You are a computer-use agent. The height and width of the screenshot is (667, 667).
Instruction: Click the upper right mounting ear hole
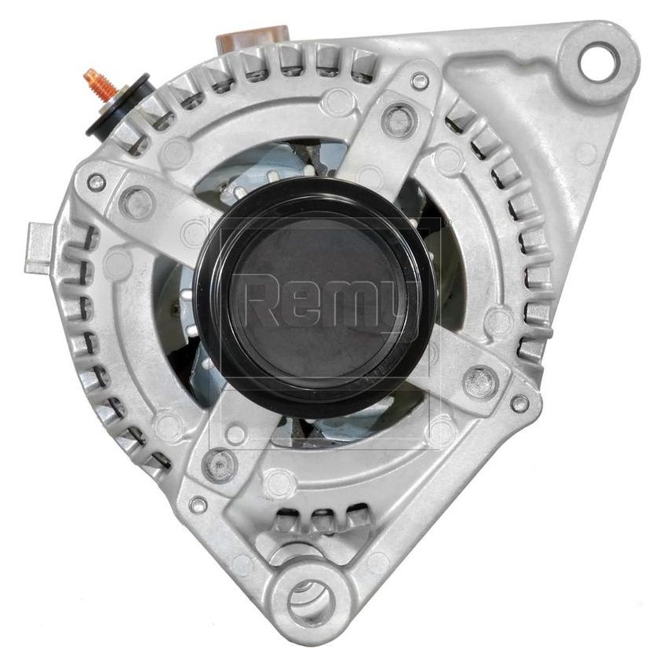[596, 62]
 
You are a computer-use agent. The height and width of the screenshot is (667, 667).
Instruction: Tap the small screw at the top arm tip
[420, 80]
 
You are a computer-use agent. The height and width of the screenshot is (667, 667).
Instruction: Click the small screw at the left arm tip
[96, 182]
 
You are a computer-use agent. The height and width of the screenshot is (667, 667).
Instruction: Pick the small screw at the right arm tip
[519, 403]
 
